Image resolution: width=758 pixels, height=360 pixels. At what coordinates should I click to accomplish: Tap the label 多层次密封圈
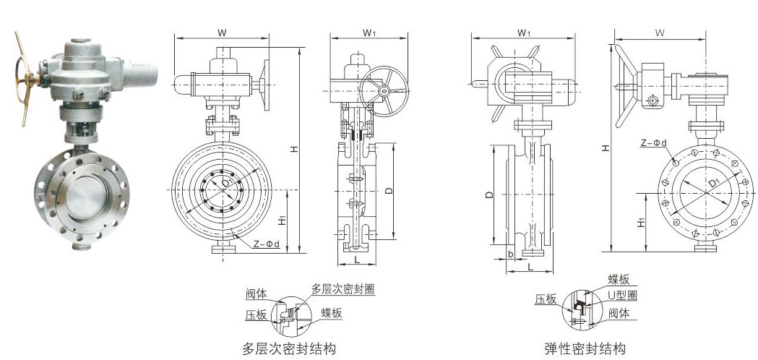(x=347, y=288)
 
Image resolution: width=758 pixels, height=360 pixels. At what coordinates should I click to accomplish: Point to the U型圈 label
(x=622, y=296)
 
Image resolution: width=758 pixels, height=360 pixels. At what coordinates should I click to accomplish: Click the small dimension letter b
(x=510, y=254)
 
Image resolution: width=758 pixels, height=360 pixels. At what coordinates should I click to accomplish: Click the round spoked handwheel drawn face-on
(x=384, y=90)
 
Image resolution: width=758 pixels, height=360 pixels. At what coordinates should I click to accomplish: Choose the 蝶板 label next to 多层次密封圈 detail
(x=332, y=312)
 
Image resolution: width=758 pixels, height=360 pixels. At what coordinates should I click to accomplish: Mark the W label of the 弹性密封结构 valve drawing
(x=660, y=33)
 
